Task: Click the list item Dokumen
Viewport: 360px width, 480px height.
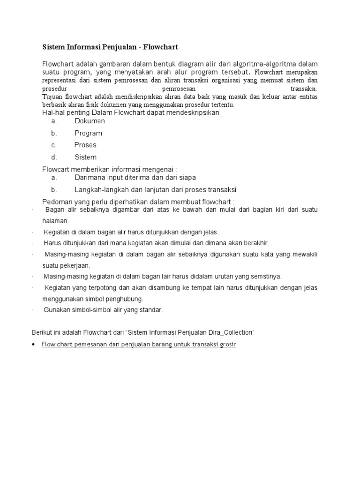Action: point(90,121)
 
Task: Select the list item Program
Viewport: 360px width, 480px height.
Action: point(88,133)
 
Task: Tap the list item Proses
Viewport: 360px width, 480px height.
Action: point(85,145)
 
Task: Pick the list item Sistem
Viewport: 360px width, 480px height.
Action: point(85,157)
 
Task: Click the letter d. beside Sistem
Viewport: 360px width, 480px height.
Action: point(54,157)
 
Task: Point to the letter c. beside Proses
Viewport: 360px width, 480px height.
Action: point(54,145)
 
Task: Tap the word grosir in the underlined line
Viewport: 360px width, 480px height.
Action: point(226,345)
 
